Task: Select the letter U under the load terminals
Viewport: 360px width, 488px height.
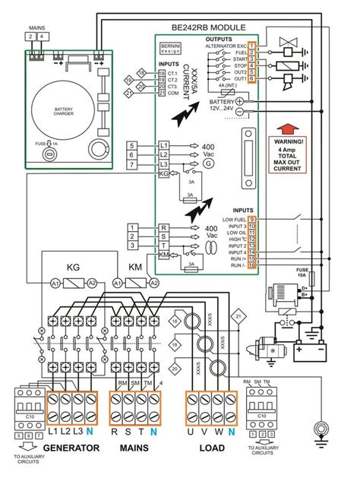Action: (193, 431)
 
